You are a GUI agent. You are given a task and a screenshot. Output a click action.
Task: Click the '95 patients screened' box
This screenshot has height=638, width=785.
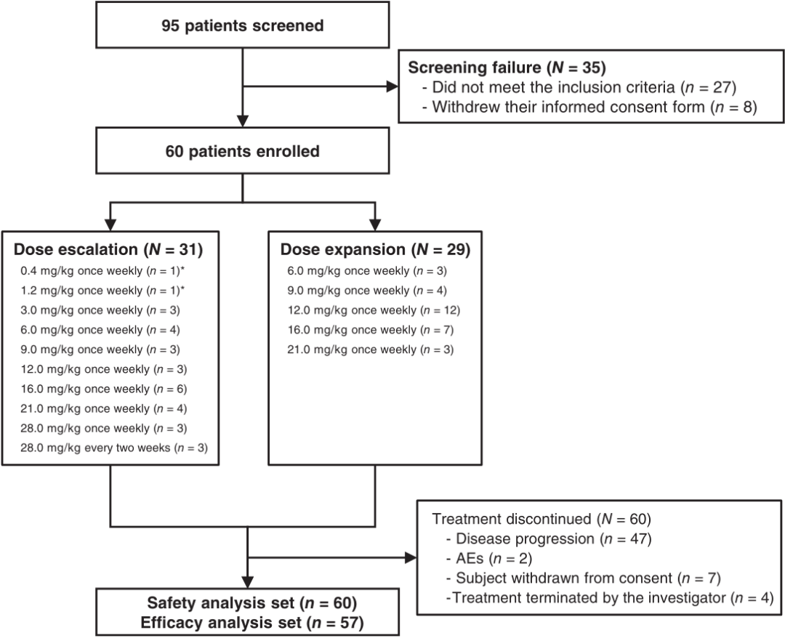click(x=242, y=25)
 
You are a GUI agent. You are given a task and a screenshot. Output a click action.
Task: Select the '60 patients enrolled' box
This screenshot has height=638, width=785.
click(x=242, y=150)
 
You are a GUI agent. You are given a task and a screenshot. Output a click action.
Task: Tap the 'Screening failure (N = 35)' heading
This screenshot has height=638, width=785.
click(x=507, y=68)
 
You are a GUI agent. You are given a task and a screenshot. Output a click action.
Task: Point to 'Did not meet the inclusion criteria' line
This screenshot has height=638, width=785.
click(x=579, y=88)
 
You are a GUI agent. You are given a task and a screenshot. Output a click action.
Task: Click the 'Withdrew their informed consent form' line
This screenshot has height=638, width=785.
click(x=589, y=107)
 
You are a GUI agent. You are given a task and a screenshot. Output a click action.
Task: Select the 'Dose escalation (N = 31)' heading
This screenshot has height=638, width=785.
click(x=108, y=249)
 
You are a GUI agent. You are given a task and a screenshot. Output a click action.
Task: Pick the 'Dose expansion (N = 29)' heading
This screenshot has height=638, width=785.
click(x=376, y=249)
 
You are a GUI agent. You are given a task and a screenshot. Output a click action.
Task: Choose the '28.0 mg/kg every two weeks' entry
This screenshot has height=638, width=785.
click(x=114, y=448)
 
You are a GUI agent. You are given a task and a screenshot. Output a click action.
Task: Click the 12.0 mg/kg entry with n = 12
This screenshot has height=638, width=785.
click(x=374, y=310)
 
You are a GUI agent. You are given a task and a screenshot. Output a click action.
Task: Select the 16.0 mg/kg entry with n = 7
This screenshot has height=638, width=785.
click(x=371, y=330)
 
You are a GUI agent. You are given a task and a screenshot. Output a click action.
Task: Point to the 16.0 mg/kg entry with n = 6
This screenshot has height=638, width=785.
click(x=104, y=389)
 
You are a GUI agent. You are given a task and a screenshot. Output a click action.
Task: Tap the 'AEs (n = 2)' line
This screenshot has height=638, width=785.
click(x=489, y=559)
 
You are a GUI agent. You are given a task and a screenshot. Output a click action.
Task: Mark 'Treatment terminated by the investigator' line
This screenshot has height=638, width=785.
click(x=610, y=598)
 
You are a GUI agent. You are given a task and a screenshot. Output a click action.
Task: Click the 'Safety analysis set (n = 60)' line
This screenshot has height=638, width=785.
click(x=251, y=603)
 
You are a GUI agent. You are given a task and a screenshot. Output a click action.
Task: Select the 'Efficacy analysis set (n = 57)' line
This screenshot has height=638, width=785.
click(x=251, y=623)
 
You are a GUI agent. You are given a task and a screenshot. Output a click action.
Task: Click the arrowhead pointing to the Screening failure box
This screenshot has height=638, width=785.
click(x=392, y=86)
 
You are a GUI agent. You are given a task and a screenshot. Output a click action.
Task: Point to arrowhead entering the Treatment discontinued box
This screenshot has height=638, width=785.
click(x=411, y=557)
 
